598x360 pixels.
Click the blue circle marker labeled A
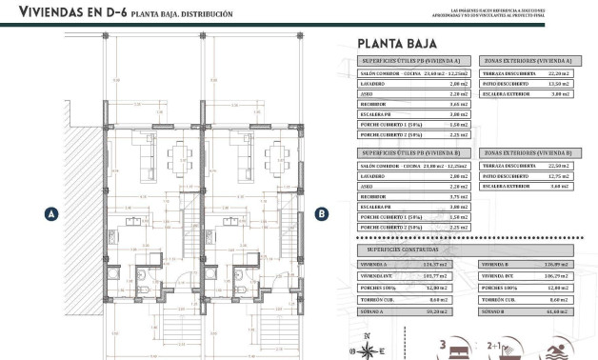[x=50, y=214]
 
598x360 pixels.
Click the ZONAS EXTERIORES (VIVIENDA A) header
[x=528, y=60]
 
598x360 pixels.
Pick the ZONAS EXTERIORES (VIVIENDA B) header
[x=528, y=152]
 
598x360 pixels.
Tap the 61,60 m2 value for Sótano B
[x=558, y=310]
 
